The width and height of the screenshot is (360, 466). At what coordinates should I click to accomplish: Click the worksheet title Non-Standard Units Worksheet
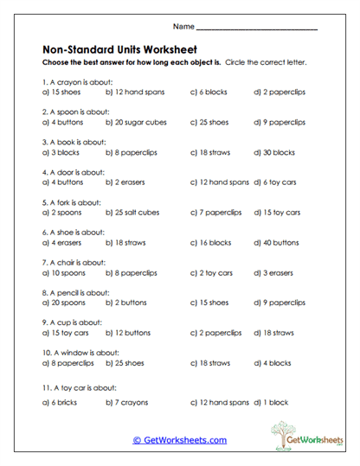coord(119,49)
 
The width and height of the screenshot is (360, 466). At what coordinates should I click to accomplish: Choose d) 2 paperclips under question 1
coord(280,92)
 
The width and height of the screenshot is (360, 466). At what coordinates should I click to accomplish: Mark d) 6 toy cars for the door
coord(277,182)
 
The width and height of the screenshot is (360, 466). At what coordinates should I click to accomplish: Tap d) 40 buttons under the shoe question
coord(279,243)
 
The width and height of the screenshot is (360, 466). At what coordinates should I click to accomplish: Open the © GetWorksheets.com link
coord(179,439)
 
